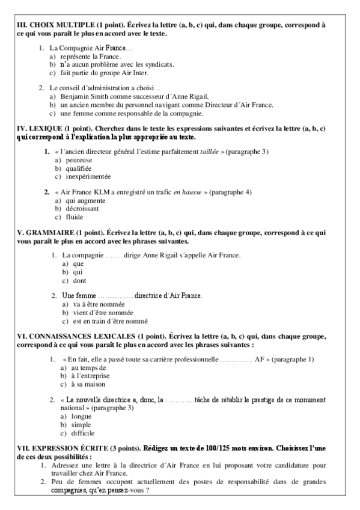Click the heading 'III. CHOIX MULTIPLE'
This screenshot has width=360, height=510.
click(x=54, y=25)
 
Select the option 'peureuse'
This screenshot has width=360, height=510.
click(x=80, y=161)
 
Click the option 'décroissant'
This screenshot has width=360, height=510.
click(x=85, y=208)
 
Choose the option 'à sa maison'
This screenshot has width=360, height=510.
click(x=88, y=384)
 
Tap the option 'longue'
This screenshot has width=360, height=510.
click(x=81, y=416)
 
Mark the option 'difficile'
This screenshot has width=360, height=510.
click(x=83, y=432)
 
